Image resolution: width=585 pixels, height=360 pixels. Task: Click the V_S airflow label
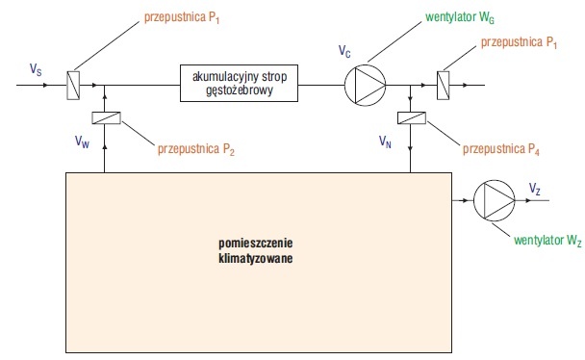[36, 69]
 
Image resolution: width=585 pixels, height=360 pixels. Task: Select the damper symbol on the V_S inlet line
[73, 85]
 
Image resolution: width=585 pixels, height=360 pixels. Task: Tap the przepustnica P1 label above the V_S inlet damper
[182, 18]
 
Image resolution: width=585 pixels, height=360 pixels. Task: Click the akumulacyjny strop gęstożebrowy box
[239, 83]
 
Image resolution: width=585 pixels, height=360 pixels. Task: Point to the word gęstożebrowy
[240, 90]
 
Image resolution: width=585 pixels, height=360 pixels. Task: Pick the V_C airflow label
[344, 51]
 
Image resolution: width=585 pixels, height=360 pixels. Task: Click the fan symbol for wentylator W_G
[366, 85]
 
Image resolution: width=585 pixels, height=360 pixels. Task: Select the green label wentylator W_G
[460, 17]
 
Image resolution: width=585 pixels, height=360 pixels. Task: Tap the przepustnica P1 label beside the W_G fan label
[519, 42]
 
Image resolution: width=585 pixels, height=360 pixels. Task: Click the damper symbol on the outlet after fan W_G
[444, 86]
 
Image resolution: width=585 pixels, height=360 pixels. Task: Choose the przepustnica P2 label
[196, 149]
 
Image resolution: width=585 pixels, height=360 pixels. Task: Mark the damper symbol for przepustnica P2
[107, 117]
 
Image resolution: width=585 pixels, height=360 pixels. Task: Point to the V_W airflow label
[82, 141]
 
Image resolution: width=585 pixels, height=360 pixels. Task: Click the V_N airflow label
[385, 141]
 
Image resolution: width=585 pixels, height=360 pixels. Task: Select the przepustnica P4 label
[501, 149]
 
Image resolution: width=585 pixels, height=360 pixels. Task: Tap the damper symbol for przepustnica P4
[412, 117]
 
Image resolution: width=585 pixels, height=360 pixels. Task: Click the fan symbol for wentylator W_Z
[495, 201]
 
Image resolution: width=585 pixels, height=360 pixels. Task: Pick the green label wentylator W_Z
[547, 241]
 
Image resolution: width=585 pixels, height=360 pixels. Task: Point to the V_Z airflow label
[535, 189]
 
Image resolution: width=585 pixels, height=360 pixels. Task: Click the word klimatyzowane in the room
[256, 259]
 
